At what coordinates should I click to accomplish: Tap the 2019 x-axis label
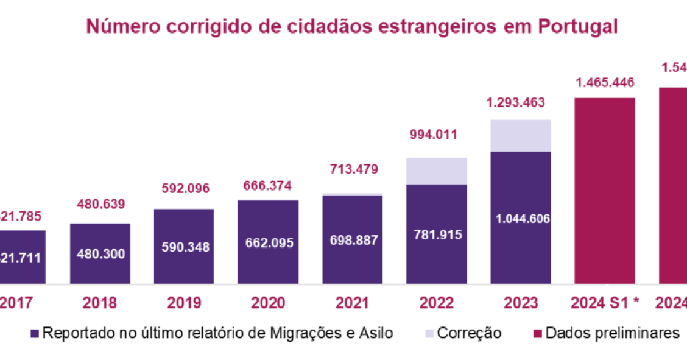(183, 303)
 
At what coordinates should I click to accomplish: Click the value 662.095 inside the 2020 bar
(268, 242)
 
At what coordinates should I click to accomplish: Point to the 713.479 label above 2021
(352, 168)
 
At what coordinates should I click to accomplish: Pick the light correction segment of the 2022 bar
(436, 171)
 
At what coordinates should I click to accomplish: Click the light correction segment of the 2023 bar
(520, 135)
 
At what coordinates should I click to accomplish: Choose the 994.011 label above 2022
(436, 135)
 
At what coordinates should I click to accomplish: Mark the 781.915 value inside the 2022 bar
(436, 235)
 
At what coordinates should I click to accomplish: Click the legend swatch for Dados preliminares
(538, 333)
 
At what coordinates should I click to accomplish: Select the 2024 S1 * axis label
(605, 303)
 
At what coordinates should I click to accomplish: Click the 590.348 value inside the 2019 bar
(183, 247)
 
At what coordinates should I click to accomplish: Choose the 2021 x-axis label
(352, 303)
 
